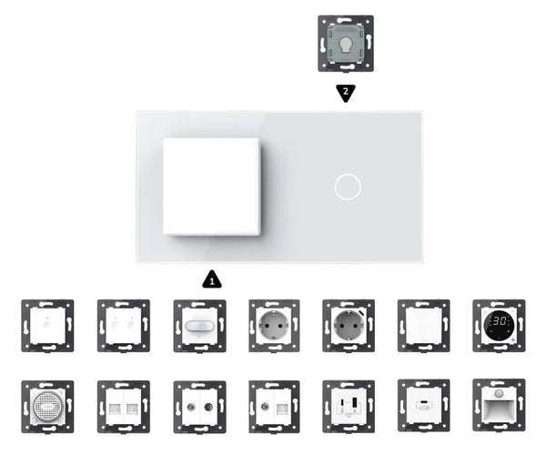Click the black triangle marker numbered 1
[x=212, y=279]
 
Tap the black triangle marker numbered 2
[x=345, y=92]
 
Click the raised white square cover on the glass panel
[x=212, y=186]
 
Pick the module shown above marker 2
[x=345, y=42]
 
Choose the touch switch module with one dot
[x=47, y=325]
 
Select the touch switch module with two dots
[x=124, y=325]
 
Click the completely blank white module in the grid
[x=423, y=325]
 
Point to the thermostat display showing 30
[x=499, y=323]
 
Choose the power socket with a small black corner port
[x=348, y=325]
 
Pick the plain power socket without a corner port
[x=274, y=325]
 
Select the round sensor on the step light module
[x=499, y=395]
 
